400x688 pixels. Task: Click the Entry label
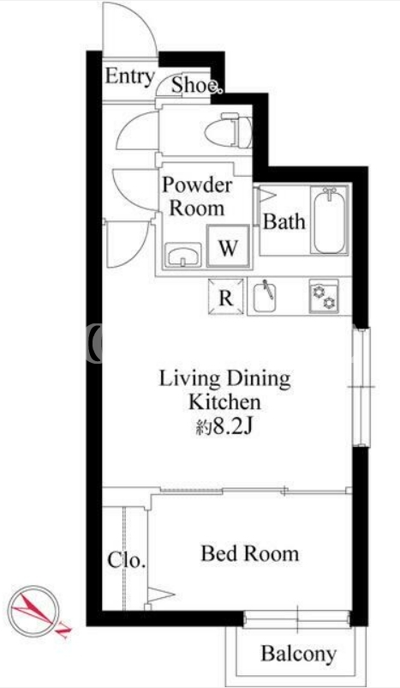click(x=129, y=76)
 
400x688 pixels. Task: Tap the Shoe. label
click(x=195, y=85)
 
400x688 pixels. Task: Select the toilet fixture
click(x=228, y=130)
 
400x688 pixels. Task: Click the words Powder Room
click(x=197, y=196)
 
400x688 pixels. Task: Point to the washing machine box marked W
click(x=228, y=246)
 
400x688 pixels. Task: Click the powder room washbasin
click(x=182, y=255)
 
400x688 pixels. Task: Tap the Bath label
click(x=284, y=222)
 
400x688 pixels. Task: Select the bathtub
click(x=330, y=220)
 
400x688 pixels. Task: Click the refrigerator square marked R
click(x=226, y=296)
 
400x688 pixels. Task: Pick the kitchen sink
click(x=265, y=297)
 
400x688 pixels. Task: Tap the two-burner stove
click(x=324, y=296)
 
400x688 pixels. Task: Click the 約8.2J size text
click(x=223, y=426)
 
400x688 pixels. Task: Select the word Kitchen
click(x=224, y=402)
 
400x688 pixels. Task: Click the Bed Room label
click(x=250, y=553)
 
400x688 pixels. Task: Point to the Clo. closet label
click(x=127, y=560)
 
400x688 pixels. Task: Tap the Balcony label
click(x=299, y=654)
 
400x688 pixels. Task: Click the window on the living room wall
click(x=361, y=387)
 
